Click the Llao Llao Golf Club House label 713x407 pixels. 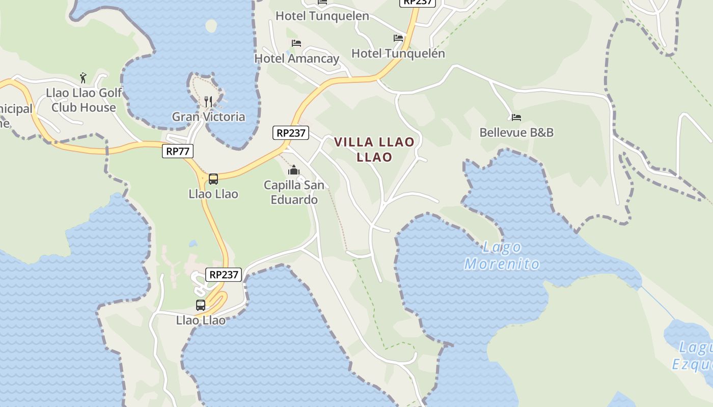[84, 100]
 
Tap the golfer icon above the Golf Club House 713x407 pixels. [83, 78]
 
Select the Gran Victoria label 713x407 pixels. [208, 117]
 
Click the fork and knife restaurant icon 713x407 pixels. [208, 101]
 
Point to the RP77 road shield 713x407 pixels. [178, 151]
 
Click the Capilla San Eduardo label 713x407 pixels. [294, 192]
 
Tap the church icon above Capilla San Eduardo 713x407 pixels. [294, 170]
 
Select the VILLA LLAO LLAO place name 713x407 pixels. [374, 150]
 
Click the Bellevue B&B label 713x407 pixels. [516, 132]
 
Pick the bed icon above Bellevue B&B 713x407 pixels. [516, 118]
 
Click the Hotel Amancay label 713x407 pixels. [297, 59]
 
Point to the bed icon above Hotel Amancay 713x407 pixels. [296, 43]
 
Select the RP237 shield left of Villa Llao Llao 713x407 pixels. [291, 133]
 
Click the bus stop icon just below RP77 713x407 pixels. [213, 179]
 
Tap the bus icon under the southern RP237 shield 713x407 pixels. [201, 305]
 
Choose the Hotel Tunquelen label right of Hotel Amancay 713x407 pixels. [398, 53]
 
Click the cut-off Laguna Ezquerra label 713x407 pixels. [693, 356]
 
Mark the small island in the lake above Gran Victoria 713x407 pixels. [211, 25]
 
